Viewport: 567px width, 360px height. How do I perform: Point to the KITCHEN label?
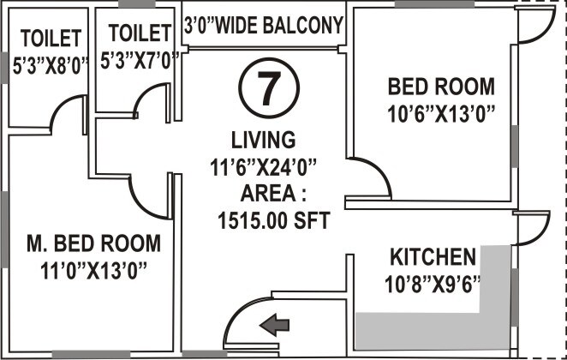click(433, 257)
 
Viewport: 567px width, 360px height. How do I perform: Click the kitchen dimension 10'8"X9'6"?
click(433, 283)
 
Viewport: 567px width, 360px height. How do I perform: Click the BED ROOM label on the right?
click(441, 87)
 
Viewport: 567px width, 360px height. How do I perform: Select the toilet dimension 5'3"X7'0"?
click(137, 61)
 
